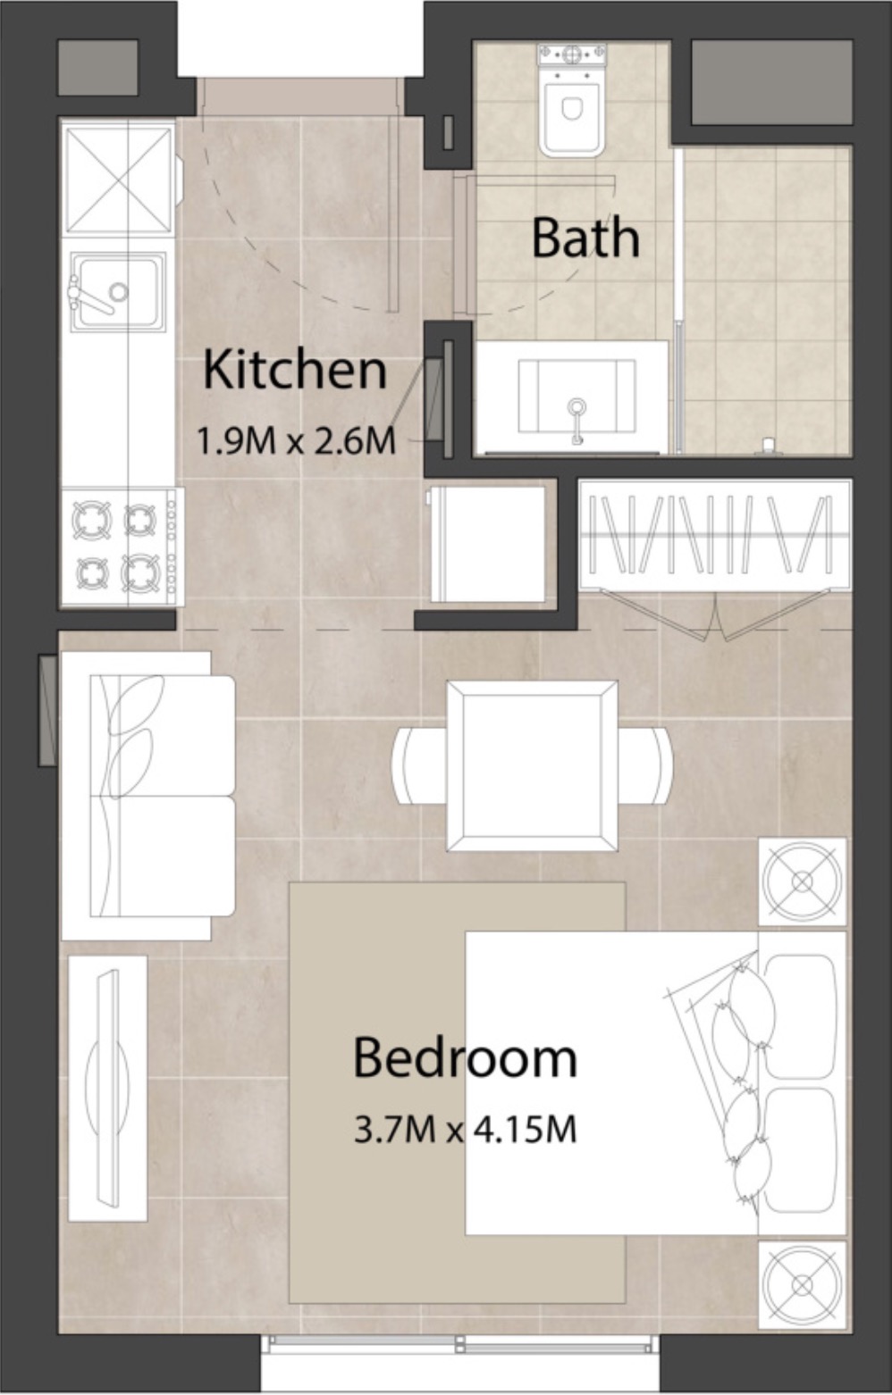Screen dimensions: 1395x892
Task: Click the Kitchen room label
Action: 295,370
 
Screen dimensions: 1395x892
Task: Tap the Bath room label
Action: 585,238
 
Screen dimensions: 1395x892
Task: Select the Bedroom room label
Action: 465,1057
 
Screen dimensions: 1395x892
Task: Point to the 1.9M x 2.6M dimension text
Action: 296,440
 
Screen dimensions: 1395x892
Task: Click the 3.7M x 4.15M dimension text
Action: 465,1130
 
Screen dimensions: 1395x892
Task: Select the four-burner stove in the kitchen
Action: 121,546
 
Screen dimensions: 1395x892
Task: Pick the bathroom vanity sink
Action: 576,397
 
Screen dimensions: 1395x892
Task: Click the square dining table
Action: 532,765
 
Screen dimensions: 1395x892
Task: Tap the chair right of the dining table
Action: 647,765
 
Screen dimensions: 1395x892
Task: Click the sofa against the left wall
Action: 148,796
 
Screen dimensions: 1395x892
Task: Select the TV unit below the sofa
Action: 108,1088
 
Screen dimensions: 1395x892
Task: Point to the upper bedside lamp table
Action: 802,881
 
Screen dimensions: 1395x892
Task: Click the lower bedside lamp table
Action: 802,1283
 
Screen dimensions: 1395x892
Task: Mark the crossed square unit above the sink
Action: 119,180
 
